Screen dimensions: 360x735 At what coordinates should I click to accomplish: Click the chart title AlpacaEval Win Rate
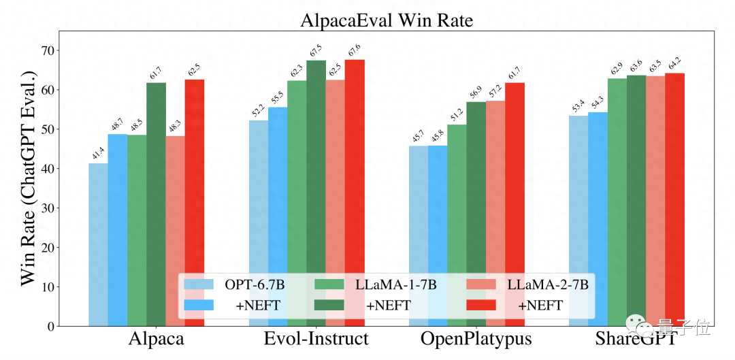(387, 20)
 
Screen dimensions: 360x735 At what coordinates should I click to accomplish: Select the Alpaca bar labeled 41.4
(98, 245)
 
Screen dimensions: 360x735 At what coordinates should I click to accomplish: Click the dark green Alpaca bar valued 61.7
(156, 204)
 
